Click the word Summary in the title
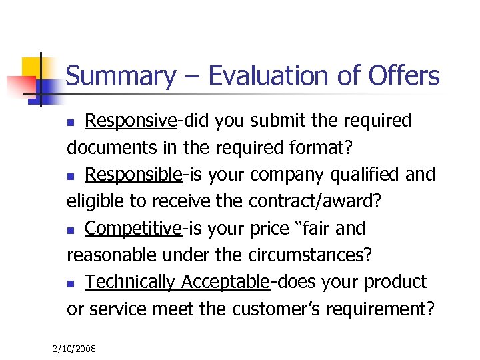tap(119, 76)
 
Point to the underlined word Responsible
tap(133, 175)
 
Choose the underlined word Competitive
tap(133, 229)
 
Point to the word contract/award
tap(325, 201)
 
